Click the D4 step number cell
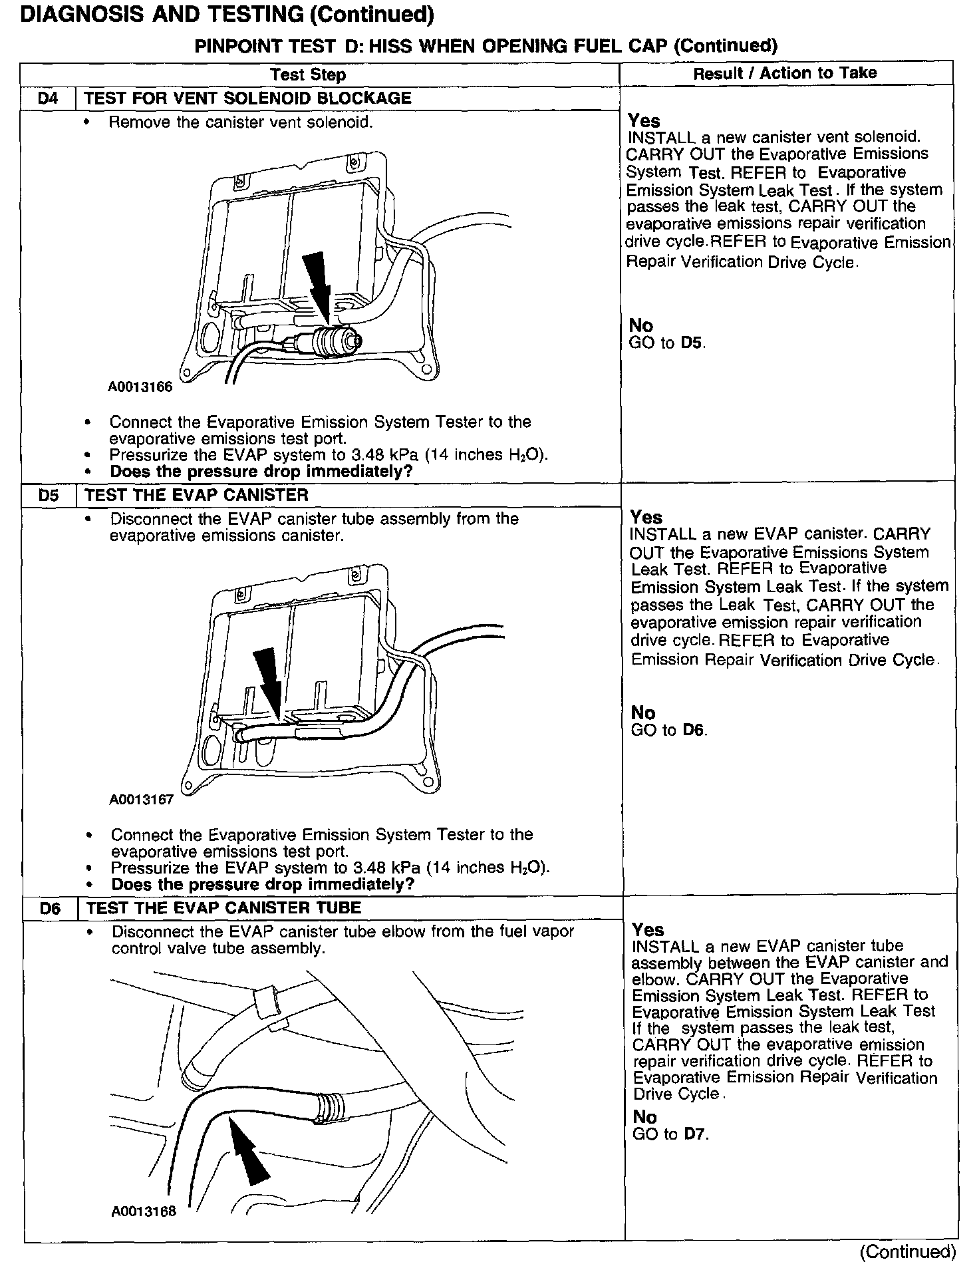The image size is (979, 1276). pyautogui.click(x=49, y=98)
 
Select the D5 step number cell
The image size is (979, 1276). pyautogui.click(x=49, y=496)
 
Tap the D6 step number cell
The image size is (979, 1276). pyautogui.click(x=51, y=908)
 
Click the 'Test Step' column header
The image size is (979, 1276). pyautogui.click(x=308, y=75)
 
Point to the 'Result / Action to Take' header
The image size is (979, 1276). pyautogui.click(x=785, y=74)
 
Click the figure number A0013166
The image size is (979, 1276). pyautogui.click(x=140, y=387)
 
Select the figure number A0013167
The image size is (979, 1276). pyautogui.click(x=141, y=800)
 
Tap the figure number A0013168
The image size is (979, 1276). pyautogui.click(x=144, y=1211)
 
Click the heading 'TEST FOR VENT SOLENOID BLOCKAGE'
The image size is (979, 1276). pyautogui.click(x=248, y=98)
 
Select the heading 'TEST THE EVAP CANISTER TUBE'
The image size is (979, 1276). pyautogui.click(x=223, y=908)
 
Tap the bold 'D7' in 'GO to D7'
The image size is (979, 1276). pyautogui.click(x=696, y=1134)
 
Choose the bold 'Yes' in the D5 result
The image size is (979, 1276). pyautogui.click(x=646, y=518)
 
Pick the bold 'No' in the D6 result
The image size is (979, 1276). pyautogui.click(x=644, y=1117)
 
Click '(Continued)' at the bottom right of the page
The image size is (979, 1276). pyautogui.click(x=907, y=1251)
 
